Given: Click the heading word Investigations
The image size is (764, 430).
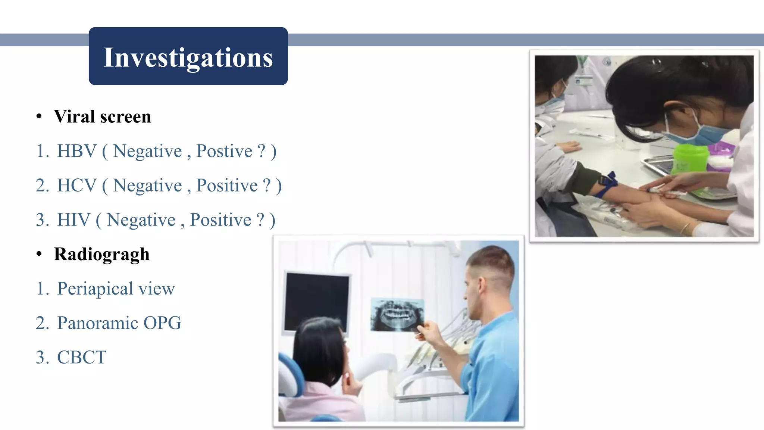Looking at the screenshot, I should coord(188,58).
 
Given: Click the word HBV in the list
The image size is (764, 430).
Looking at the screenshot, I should coord(76,152).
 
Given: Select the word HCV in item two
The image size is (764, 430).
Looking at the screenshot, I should coord(76,186).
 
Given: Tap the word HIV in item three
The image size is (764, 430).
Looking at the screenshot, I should coord(73,220).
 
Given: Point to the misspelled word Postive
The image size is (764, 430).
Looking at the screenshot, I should coord(224,152).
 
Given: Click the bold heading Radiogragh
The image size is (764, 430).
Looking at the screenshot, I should coord(101,255).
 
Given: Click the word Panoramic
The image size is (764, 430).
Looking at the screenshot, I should coord(97,323).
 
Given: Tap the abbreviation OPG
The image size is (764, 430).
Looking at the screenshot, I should coord(162,323).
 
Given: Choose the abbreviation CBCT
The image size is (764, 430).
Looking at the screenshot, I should coord(82,358).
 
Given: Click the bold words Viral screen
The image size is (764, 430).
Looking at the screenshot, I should coord(103,117).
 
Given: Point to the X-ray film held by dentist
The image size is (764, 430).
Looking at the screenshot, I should coord(397,314).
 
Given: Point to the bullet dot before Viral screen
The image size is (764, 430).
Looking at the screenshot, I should coord(39,117).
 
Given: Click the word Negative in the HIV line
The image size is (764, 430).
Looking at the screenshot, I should coord(141,220).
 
